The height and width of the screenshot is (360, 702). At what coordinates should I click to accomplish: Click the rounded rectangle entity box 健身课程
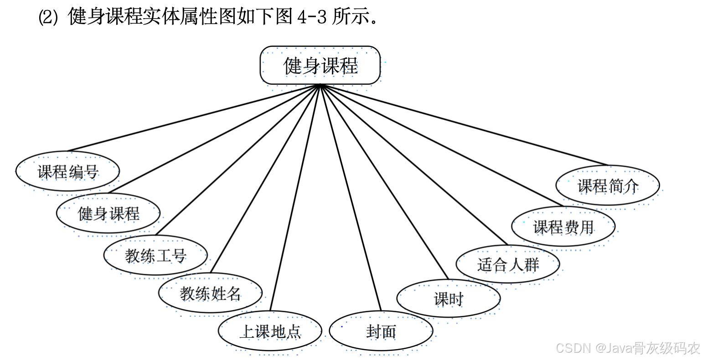click(x=320, y=65)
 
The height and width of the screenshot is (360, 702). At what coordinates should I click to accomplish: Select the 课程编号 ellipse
click(x=68, y=171)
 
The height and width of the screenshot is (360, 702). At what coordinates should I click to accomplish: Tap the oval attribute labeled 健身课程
click(x=108, y=213)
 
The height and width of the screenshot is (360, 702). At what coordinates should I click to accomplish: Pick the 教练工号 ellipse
click(x=155, y=255)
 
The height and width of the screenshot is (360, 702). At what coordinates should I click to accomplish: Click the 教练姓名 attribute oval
click(x=210, y=293)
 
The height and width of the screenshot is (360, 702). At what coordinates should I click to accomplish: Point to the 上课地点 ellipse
click(x=270, y=331)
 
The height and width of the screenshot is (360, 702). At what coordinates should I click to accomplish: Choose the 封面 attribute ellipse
click(x=381, y=331)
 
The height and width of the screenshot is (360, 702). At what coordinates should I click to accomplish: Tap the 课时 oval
click(x=449, y=299)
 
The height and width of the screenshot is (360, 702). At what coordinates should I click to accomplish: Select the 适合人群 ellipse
click(x=508, y=264)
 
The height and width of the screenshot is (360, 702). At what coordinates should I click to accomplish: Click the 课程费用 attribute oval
click(x=563, y=226)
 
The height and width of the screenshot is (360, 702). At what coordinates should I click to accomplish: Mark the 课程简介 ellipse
click(x=608, y=185)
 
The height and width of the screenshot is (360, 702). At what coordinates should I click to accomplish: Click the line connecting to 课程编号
click(x=194, y=118)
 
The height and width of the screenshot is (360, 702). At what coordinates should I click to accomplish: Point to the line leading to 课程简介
click(x=465, y=125)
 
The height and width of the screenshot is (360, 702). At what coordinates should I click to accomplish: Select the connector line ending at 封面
click(x=351, y=198)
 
